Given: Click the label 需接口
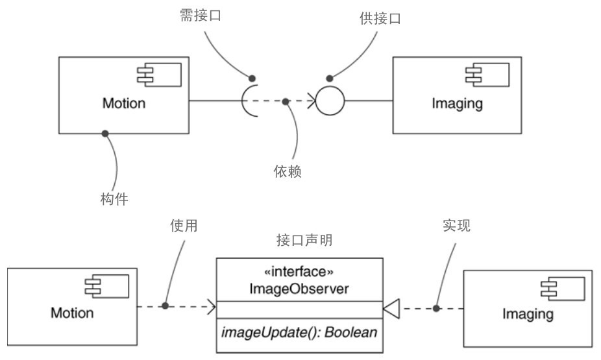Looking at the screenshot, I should (x=200, y=16).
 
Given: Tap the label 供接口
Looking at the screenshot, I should (x=380, y=19).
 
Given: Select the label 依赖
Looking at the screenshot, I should (x=288, y=172).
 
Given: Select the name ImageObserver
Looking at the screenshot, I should (x=299, y=289).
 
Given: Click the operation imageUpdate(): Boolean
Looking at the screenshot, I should (x=299, y=333).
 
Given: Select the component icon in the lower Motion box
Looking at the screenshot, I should (x=112, y=286).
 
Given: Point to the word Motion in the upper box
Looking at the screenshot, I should (x=123, y=104).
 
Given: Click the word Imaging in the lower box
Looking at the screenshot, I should (x=528, y=315).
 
